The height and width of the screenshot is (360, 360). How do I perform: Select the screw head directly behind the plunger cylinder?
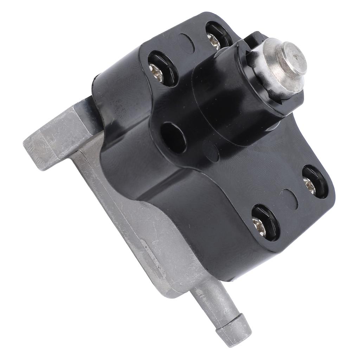(214, 41)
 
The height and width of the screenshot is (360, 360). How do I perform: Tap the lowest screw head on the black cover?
(259, 224)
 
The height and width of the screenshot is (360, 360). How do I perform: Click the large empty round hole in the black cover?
(173, 137)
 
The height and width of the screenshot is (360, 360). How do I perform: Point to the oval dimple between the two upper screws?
(186, 43)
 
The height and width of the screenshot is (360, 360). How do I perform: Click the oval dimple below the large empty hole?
(211, 151)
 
